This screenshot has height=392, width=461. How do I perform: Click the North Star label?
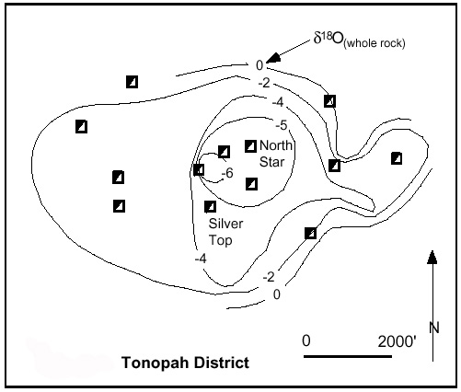click(x=276, y=154)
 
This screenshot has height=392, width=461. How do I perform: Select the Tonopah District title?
click(x=185, y=363)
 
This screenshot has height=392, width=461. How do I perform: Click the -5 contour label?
click(x=282, y=125)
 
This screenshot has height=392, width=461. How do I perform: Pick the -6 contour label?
click(x=227, y=173)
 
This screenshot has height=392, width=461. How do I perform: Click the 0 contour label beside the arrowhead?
click(x=259, y=65)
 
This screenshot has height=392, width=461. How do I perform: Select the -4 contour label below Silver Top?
click(x=201, y=259)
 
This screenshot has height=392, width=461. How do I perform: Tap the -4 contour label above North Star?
click(x=278, y=102)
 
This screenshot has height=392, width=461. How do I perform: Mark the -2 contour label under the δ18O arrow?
click(x=264, y=83)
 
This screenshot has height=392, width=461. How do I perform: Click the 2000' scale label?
click(x=398, y=341)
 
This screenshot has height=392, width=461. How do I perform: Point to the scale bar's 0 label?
click(x=306, y=340)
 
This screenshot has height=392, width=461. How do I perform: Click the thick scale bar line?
click(x=348, y=356)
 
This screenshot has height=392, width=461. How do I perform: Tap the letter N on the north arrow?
click(x=434, y=328)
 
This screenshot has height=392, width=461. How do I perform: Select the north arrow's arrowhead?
click(x=432, y=257)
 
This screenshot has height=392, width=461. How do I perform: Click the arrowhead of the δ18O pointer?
click(x=274, y=58)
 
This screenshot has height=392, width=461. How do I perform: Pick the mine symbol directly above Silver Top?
click(x=210, y=207)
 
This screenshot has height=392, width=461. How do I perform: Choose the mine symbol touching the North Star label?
click(x=250, y=146)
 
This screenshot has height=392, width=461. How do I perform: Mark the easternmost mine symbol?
click(x=397, y=158)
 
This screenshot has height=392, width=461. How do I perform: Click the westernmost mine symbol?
click(x=81, y=126)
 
